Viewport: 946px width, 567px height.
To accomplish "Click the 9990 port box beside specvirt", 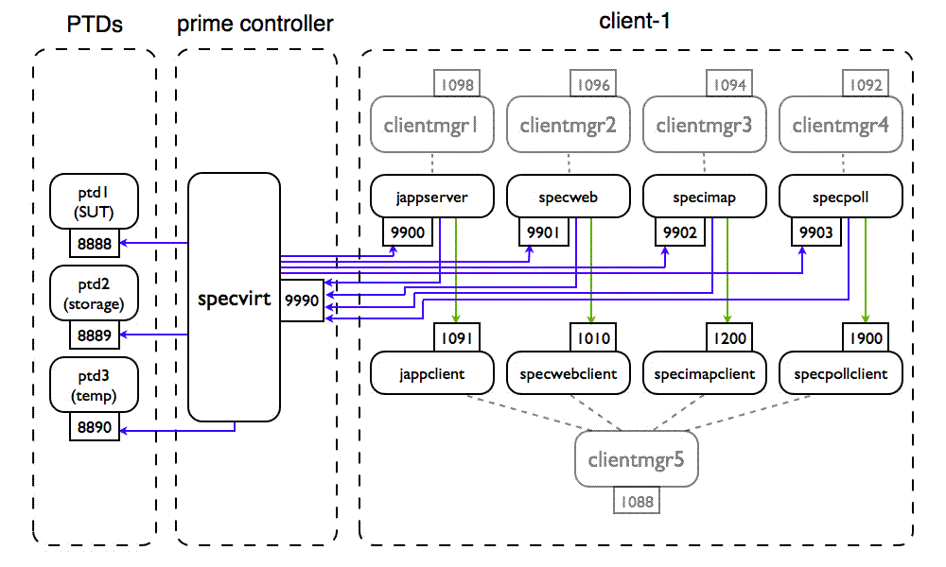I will (x=302, y=300).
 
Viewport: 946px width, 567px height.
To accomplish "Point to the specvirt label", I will (x=235, y=300).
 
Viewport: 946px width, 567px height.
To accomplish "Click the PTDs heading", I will (x=95, y=23).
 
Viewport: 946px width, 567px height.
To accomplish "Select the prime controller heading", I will (x=255, y=23).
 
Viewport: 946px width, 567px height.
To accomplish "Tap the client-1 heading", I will (x=636, y=20).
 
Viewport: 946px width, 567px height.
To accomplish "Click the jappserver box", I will (x=432, y=198).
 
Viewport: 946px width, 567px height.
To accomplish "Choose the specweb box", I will (x=568, y=198).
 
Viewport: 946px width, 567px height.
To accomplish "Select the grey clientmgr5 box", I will (x=636, y=461).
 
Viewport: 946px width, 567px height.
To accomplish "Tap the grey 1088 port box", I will (x=636, y=501).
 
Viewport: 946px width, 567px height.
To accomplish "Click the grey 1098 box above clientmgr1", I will (x=457, y=85).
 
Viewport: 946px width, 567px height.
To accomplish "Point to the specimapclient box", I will (x=705, y=373).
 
